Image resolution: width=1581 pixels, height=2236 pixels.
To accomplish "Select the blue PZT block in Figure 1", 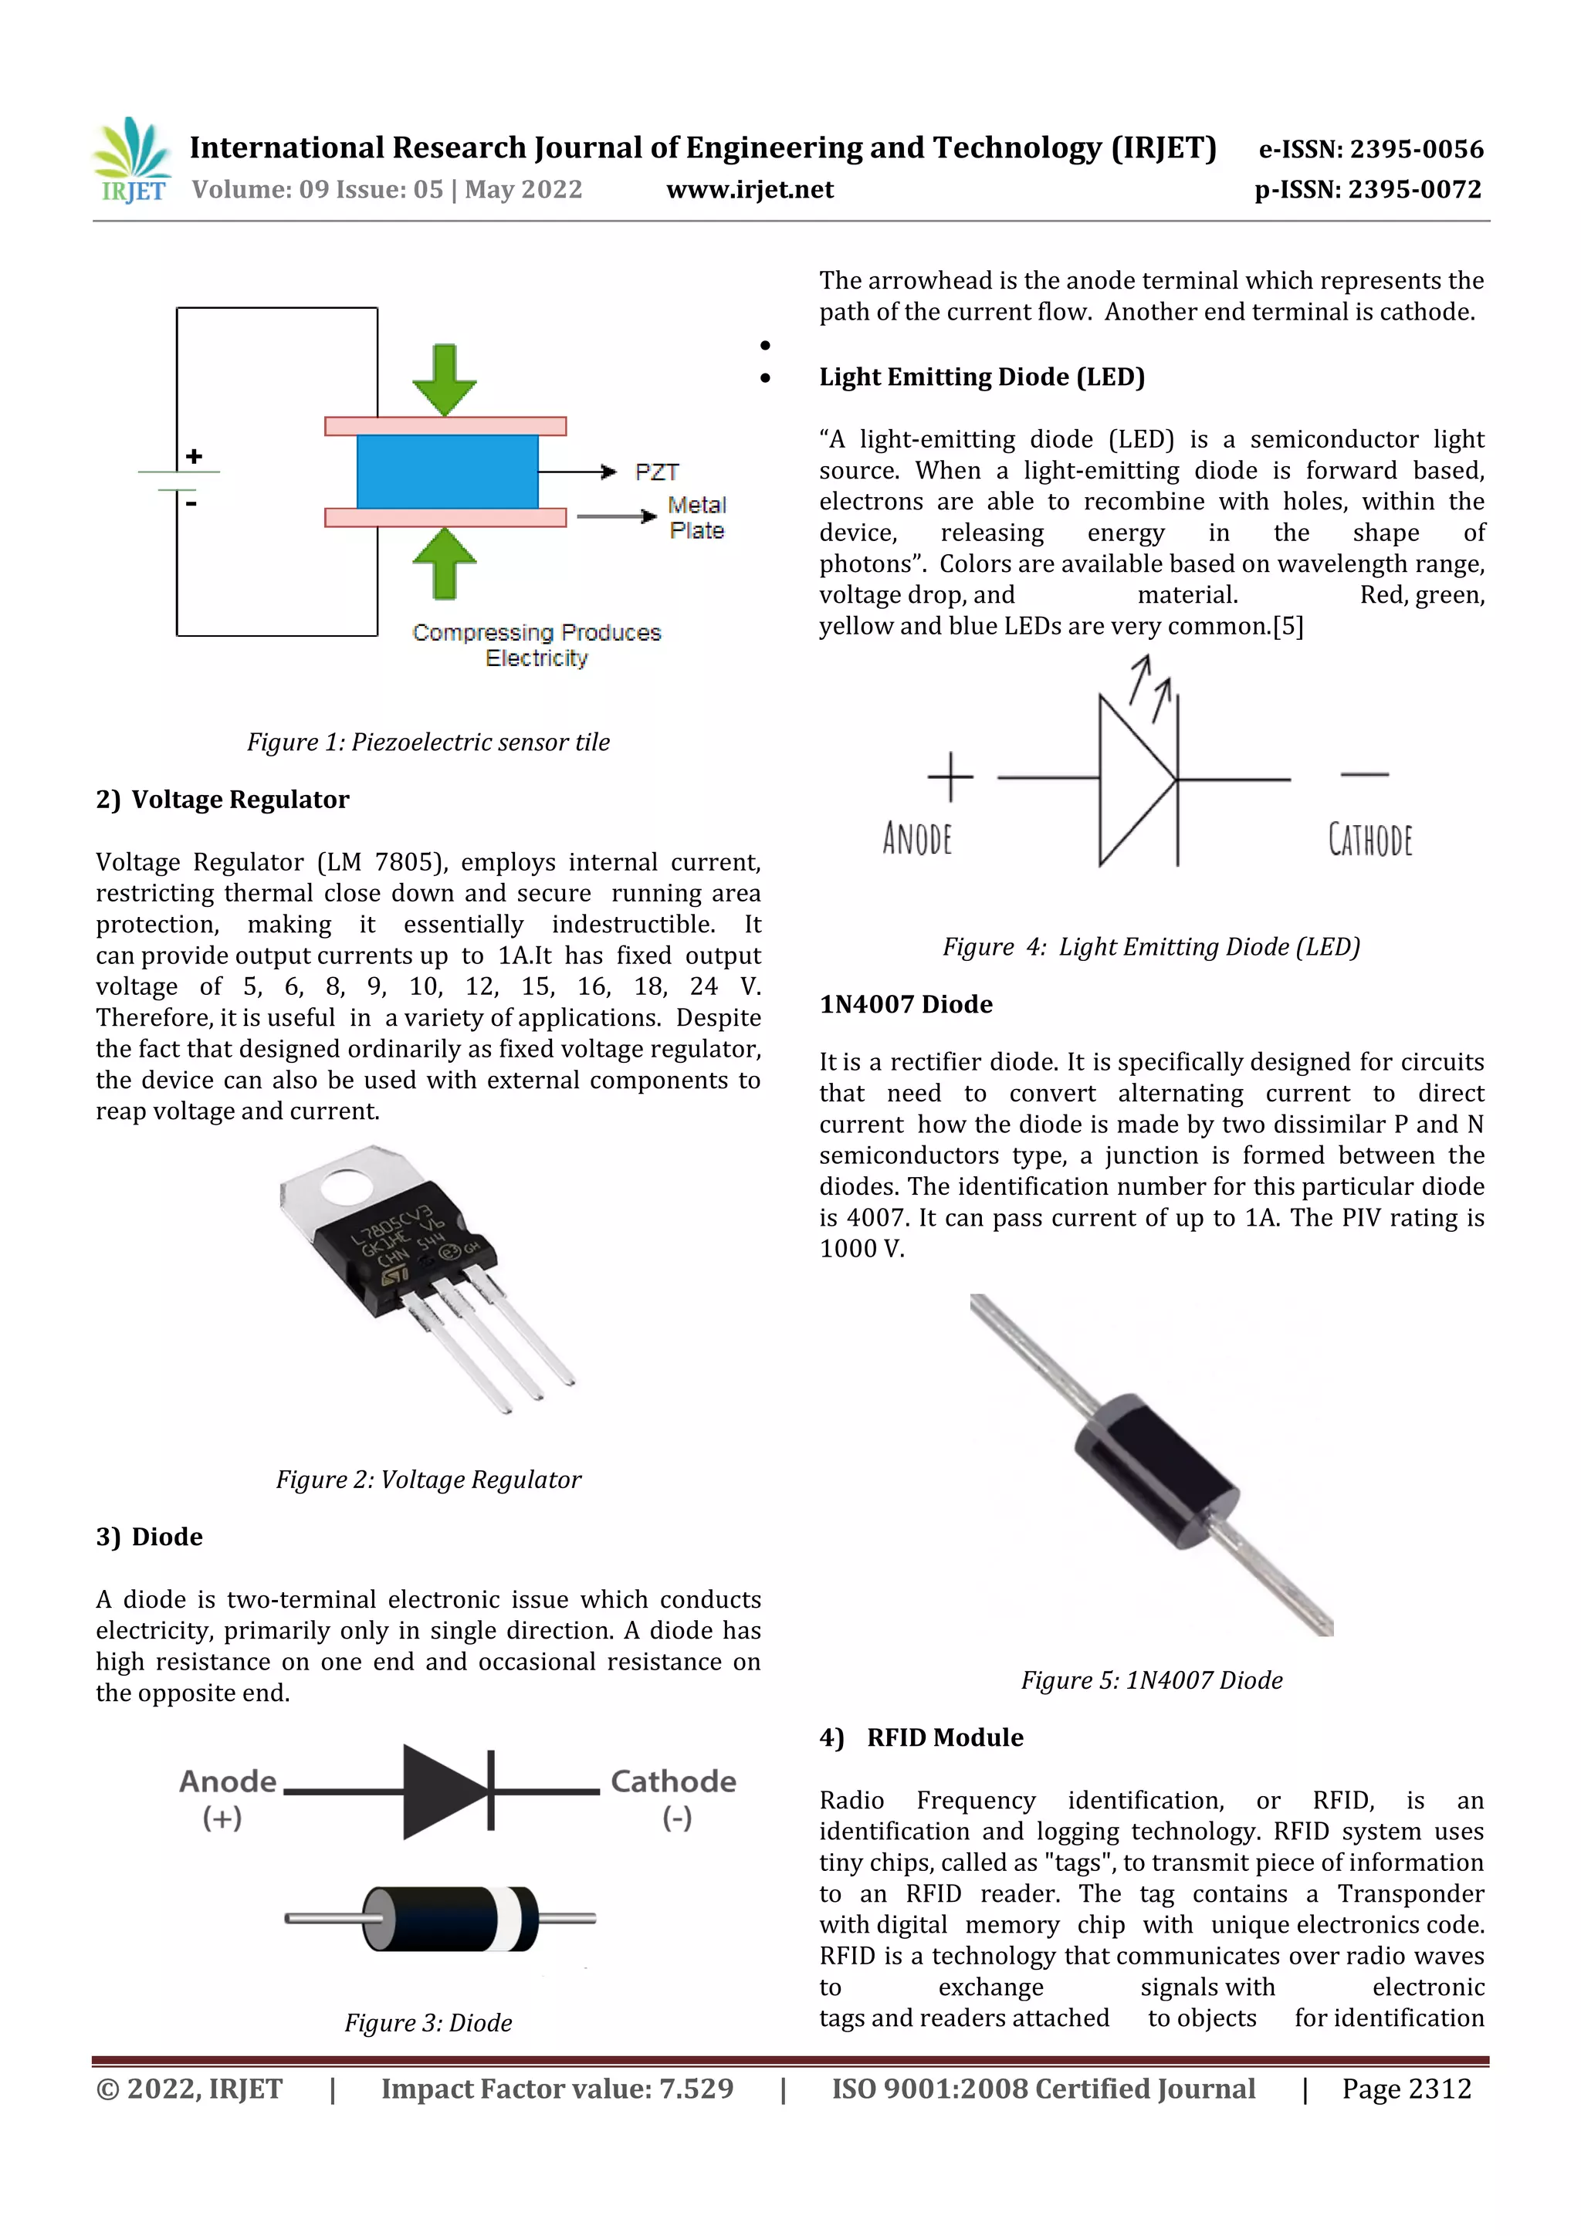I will coord(447,472).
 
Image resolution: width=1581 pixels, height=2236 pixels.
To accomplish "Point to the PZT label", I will coord(656,472).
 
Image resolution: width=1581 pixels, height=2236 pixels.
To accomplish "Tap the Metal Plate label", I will coord(696,518).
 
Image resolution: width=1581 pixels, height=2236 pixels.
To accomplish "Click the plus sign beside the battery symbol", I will coord(195,456).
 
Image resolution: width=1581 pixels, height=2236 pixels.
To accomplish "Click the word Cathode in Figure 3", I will coord(672,1781).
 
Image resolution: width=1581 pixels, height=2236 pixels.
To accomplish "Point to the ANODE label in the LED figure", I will coord(916,838).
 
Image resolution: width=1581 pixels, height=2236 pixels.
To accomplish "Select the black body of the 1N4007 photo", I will coord(1156,1470).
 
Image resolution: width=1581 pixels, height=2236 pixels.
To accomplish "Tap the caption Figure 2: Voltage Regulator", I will coord(428,1480).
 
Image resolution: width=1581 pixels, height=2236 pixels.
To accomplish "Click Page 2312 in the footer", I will coord(1406,2089).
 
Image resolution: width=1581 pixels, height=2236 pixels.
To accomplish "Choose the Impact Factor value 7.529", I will coord(557,2089).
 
